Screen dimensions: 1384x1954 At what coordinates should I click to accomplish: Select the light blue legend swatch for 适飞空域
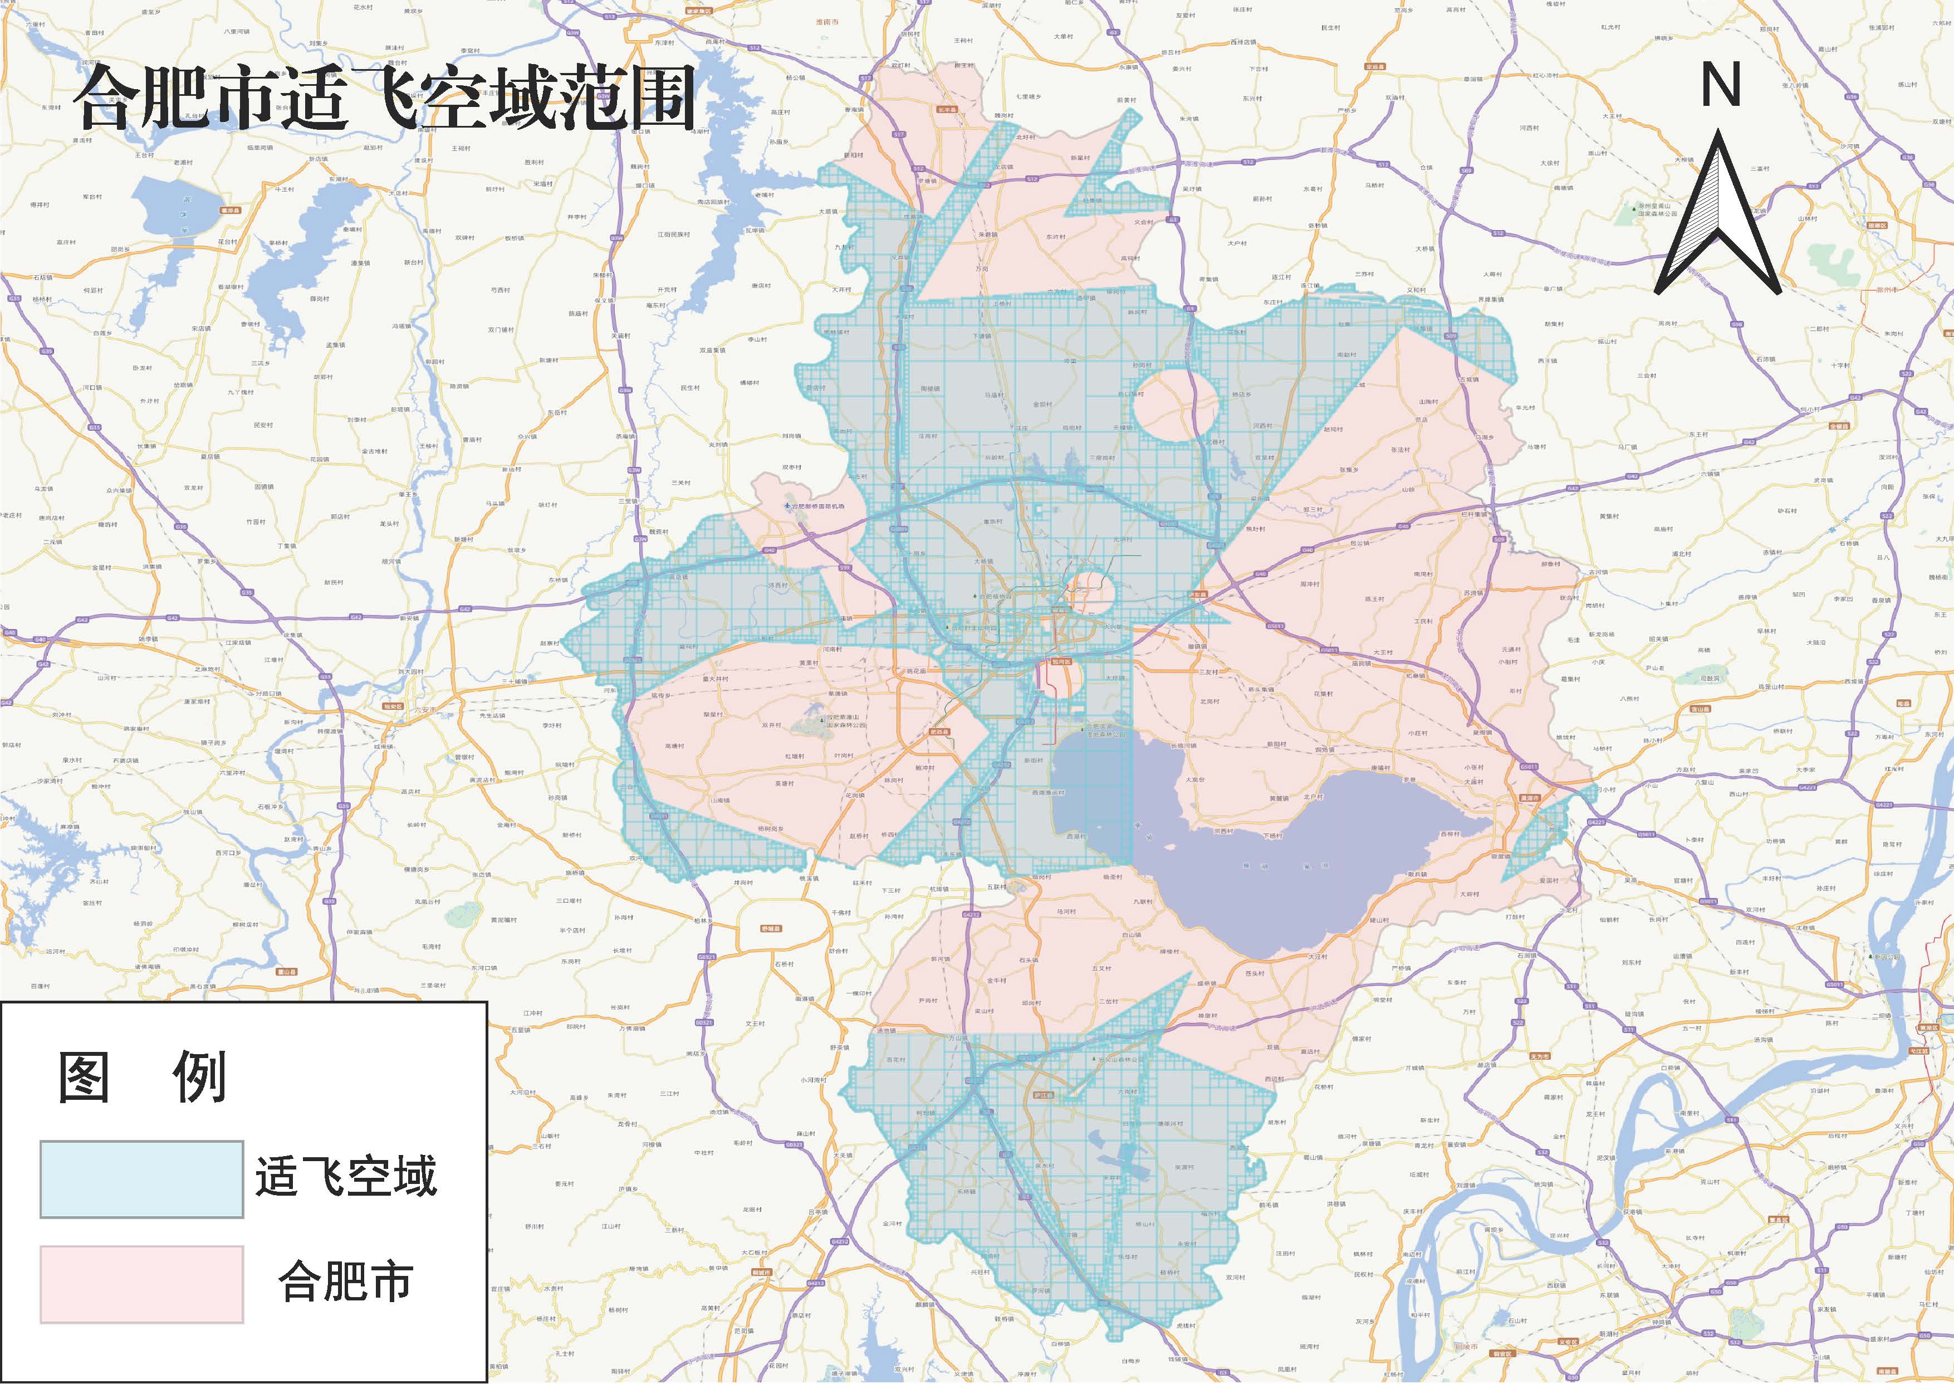141,1178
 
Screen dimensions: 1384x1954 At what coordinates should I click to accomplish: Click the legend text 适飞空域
346,1177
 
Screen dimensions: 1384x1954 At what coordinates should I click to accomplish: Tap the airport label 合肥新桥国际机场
817,506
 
